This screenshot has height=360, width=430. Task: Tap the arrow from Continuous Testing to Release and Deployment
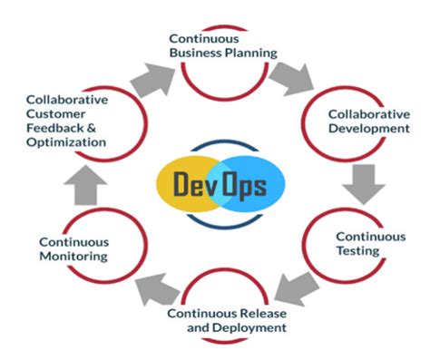295,289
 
